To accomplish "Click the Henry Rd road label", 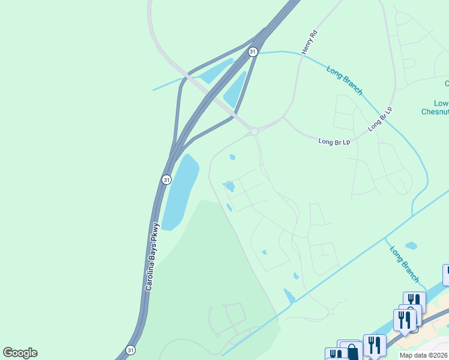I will (x=309, y=43).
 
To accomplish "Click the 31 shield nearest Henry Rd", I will (x=253, y=52).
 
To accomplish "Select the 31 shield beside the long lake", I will (x=166, y=179).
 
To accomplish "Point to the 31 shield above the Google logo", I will (x=131, y=350).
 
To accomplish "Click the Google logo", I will (x=20, y=353).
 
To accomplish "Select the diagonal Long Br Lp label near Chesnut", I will (x=380, y=119).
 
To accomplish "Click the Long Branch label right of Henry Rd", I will (x=345, y=80).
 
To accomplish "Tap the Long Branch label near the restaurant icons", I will (x=405, y=264).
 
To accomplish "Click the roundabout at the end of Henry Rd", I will (x=254, y=131).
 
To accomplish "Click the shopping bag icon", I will (x=352, y=352).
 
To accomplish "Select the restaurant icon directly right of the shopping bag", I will (x=375, y=346).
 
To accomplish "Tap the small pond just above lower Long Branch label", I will (x=411, y=245).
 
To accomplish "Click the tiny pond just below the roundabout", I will (x=232, y=157).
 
